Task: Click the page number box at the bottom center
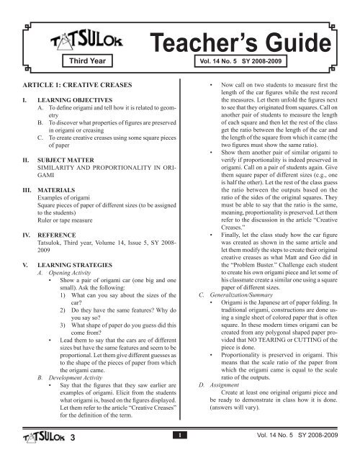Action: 180,434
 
